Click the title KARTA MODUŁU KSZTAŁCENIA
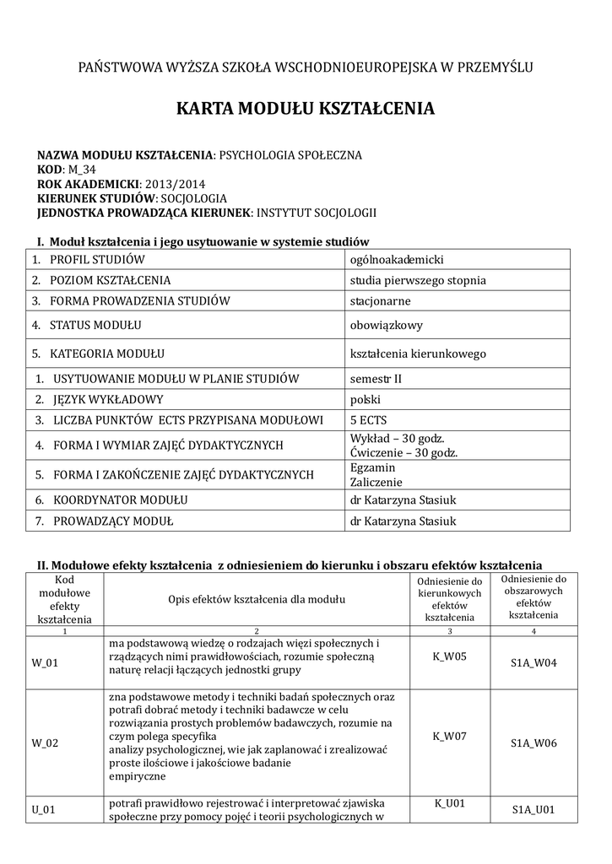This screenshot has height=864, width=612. click(306, 109)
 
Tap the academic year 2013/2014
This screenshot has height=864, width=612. click(175, 184)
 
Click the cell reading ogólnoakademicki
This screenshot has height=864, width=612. click(397, 260)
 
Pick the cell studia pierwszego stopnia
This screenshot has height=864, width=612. click(418, 280)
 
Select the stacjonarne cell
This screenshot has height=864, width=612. click(380, 300)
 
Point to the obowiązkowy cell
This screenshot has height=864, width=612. click(386, 325)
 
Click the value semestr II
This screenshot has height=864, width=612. click(376, 379)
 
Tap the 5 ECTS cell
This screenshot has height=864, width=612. click(368, 419)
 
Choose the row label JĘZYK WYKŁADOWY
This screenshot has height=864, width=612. click(107, 399)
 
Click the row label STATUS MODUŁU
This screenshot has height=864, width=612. click(95, 325)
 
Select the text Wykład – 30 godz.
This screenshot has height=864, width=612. click(397, 439)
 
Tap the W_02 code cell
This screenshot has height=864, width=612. click(45, 743)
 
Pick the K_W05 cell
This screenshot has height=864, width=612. click(449, 655)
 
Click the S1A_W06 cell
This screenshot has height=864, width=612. click(533, 743)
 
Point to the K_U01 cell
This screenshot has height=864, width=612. click(450, 803)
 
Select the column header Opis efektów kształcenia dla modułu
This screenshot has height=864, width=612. click(257, 600)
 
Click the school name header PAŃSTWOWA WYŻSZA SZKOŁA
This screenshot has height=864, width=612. click(306, 67)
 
